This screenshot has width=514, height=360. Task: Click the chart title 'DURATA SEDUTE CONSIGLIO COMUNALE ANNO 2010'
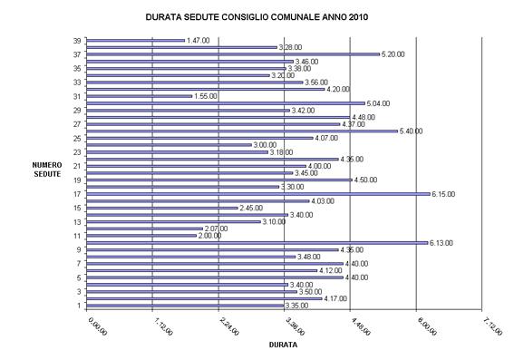click(x=257, y=16)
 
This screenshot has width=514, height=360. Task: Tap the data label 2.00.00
click(x=210, y=236)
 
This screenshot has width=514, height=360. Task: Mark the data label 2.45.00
click(x=251, y=208)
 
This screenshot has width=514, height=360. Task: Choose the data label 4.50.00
click(x=365, y=180)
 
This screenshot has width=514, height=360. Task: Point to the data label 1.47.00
click(x=198, y=40)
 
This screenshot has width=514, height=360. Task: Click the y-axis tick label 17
click(x=78, y=194)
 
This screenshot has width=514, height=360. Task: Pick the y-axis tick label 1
click(x=80, y=306)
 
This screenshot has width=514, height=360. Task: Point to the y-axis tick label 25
click(x=78, y=138)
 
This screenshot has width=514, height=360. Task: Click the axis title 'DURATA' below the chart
click(x=285, y=345)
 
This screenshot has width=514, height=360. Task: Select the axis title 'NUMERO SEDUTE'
click(x=46, y=169)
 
